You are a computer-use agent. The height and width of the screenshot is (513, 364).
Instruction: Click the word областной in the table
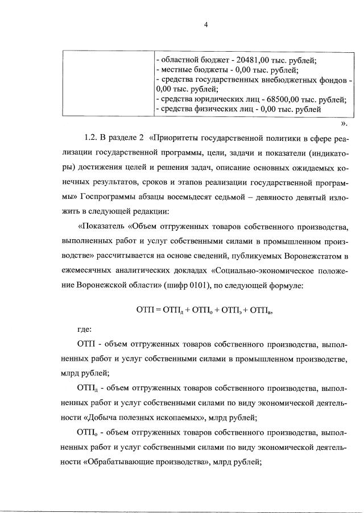179,61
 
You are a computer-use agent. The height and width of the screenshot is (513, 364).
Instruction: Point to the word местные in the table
175,70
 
